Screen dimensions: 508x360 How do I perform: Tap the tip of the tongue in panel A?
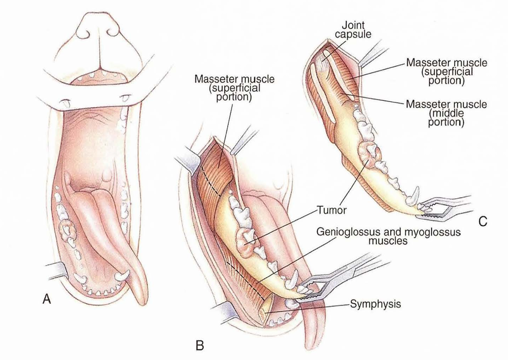coord(141,304)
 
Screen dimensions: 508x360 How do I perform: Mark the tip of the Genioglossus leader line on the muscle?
coord(256,283)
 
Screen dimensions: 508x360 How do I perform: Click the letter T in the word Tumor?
coord(319,210)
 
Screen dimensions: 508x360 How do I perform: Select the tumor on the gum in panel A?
coord(67,229)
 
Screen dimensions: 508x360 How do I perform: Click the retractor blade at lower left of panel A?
coord(58,270)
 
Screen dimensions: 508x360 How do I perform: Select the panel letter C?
coord(483,221)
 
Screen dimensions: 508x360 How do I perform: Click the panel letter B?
coord(200,346)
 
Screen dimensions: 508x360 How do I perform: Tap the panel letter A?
coord(47,298)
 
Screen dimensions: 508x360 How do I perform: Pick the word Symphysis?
coord(376,304)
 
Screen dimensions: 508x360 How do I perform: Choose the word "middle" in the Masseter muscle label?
coord(446,113)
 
